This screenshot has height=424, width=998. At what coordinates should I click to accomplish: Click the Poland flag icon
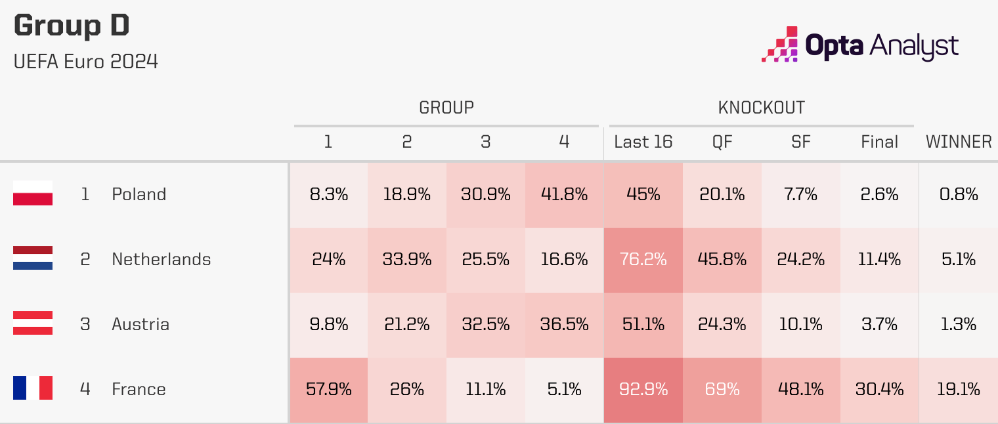(x=33, y=194)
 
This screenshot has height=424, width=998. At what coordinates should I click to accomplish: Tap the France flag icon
(x=33, y=389)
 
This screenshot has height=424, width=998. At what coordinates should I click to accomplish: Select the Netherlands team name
(x=162, y=259)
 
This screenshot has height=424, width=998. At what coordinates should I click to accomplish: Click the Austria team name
(x=141, y=324)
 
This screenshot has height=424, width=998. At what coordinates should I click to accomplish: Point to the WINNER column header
(x=959, y=142)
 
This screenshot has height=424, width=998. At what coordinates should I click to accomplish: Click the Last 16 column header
(x=643, y=142)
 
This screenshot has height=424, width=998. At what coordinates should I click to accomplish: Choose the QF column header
(x=722, y=142)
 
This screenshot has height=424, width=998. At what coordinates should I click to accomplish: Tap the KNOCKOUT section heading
(x=762, y=108)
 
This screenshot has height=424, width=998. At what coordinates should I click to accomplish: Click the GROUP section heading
(x=446, y=108)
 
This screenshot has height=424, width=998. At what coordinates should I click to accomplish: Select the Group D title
(x=72, y=26)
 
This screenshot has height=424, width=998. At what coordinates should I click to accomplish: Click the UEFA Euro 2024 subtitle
(x=85, y=62)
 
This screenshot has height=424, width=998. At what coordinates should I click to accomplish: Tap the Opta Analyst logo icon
(x=780, y=45)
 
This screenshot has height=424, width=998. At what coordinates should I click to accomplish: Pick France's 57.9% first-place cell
(x=328, y=389)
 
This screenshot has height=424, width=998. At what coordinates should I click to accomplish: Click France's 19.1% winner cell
(x=959, y=389)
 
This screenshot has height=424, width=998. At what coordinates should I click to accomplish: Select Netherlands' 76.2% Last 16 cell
(x=643, y=259)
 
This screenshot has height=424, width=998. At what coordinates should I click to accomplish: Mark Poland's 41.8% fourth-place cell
(x=565, y=194)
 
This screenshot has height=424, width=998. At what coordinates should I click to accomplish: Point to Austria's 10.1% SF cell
(x=801, y=324)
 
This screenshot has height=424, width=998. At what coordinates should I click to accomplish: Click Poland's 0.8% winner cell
(x=959, y=194)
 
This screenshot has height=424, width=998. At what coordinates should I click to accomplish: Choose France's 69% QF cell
(x=722, y=389)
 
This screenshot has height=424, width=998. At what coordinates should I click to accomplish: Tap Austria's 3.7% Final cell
(x=880, y=324)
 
